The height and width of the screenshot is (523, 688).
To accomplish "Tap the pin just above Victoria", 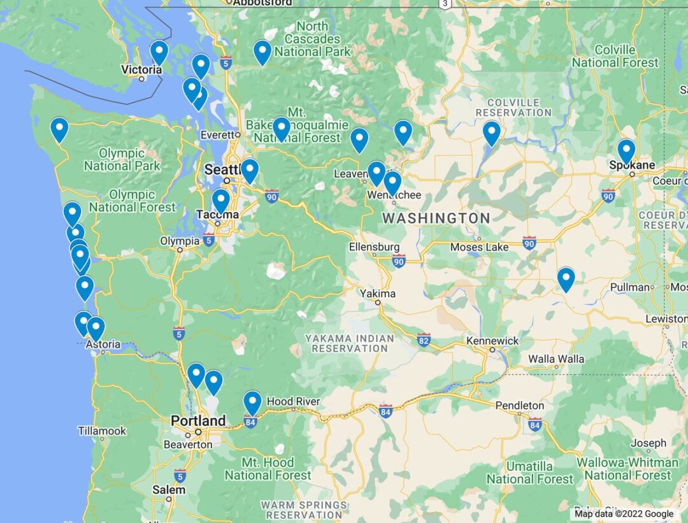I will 159,52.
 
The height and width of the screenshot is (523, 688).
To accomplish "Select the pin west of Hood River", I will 252,403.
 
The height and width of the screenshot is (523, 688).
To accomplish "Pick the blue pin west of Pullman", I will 566,279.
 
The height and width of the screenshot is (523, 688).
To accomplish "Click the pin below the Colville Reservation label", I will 491,133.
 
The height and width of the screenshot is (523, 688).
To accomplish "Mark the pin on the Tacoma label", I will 220,201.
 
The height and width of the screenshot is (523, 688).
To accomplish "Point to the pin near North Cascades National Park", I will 262,52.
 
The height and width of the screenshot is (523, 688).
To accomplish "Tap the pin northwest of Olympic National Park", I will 59,129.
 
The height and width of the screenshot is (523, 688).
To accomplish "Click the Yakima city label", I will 378,294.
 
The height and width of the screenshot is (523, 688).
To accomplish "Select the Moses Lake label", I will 479,247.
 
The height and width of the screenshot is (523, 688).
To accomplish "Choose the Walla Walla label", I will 555,359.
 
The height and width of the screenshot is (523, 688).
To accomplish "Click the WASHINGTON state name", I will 436,219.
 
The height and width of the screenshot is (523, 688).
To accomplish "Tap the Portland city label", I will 197,420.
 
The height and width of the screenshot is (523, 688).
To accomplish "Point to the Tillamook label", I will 102,431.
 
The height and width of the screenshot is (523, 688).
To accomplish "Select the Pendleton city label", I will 520,405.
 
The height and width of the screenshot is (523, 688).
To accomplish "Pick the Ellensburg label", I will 374,247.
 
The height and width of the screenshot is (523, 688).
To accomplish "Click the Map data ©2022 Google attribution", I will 624,513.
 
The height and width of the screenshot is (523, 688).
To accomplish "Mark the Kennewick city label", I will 492,341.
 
